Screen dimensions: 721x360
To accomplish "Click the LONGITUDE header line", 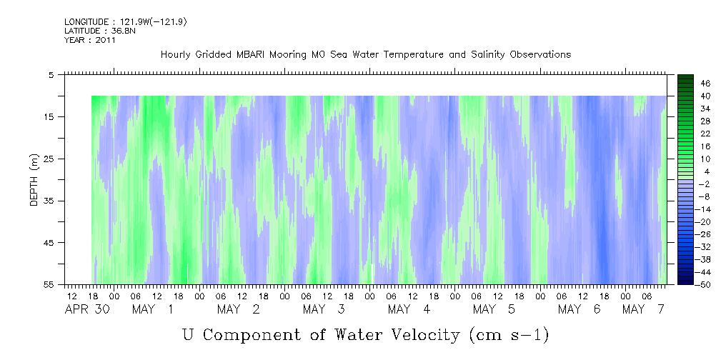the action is pyautogui.click(x=125, y=21).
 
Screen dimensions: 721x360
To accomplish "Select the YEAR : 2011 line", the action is pyautogui.click(x=89, y=40).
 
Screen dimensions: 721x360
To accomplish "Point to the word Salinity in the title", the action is pyautogui.click(x=488, y=55).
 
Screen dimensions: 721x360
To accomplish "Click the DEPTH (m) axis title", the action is pyautogui.click(x=34, y=180).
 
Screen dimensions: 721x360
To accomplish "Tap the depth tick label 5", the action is pyautogui.click(x=51, y=75).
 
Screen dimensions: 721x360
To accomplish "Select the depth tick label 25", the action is pyautogui.click(x=48, y=159).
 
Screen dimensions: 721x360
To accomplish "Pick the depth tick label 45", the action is pyautogui.click(x=48, y=243).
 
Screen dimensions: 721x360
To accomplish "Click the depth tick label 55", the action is pyautogui.click(x=48, y=284).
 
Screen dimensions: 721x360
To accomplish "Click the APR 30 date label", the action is pyautogui.click(x=87, y=309).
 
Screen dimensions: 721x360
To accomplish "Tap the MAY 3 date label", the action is pyautogui.click(x=324, y=309).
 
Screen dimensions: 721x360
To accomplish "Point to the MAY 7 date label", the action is pyautogui.click(x=644, y=309).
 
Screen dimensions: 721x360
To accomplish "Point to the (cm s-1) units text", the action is pyautogui.click(x=509, y=336).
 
